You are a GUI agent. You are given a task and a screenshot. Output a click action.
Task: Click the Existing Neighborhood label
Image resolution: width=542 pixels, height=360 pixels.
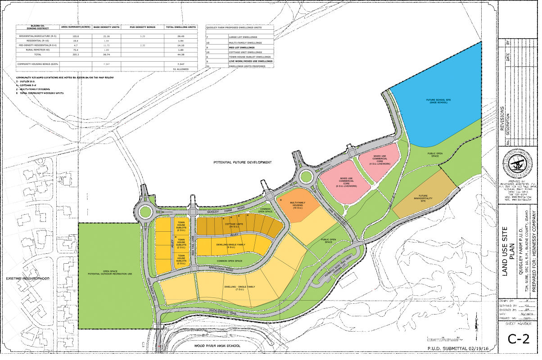tap(27, 279)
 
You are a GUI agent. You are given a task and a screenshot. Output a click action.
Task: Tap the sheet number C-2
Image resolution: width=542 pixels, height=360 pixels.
tap(518, 339)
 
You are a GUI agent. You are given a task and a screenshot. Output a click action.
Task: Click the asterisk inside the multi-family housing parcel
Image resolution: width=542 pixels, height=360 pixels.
tap(281, 199)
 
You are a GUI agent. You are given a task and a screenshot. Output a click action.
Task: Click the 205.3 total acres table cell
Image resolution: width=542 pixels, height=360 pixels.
tap(76, 54)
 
